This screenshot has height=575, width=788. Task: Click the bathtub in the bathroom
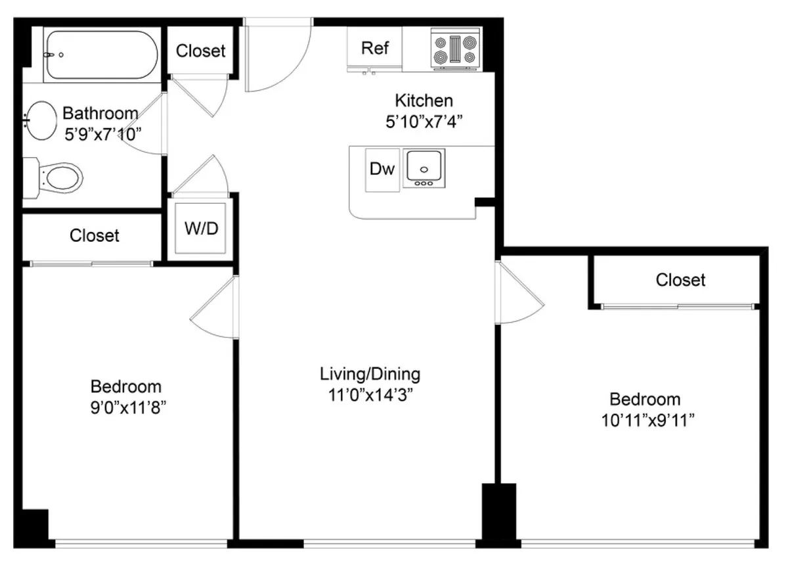pyautogui.click(x=100, y=55)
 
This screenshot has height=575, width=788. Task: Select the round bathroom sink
pyautogui.click(x=42, y=120)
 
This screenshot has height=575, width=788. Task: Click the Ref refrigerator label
pyautogui.click(x=375, y=48)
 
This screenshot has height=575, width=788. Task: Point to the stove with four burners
pyautogui.click(x=455, y=49)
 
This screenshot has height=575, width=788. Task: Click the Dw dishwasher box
pyautogui.click(x=382, y=170)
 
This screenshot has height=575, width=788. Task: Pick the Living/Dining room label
pyautogui.click(x=370, y=375)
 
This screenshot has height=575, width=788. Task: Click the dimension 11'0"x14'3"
pyautogui.click(x=370, y=396)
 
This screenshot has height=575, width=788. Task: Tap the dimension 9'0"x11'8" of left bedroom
pyautogui.click(x=125, y=407)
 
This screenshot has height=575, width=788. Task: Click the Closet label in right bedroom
pyautogui.click(x=680, y=281)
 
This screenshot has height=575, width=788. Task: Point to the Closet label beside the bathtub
pyautogui.click(x=200, y=51)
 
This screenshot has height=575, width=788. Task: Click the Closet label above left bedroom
pyautogui.click(x=95, y=235)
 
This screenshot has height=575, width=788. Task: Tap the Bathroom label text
pyautogui.click(x=100, y=113)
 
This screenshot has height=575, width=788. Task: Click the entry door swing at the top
pyautogui.click(x=276, y=59)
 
